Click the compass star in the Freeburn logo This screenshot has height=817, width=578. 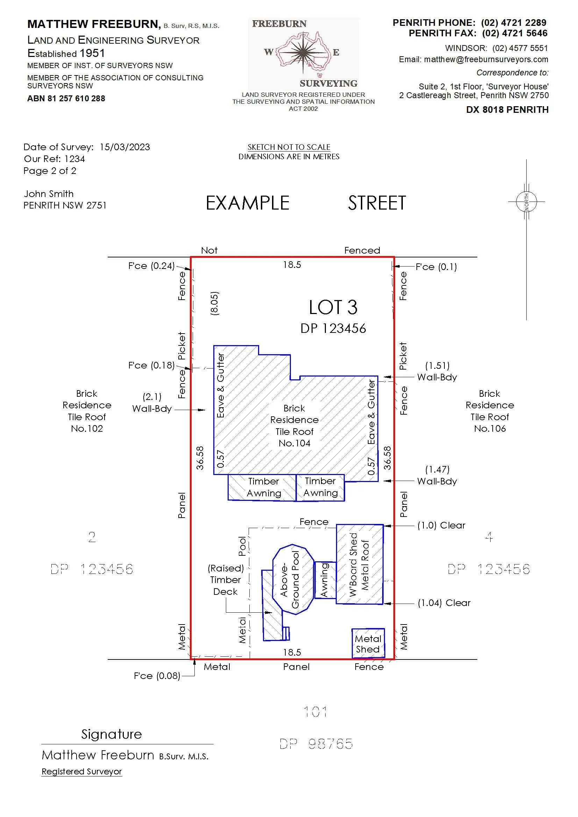click(x=302, y=52)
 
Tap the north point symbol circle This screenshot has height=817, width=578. click(x=526, y=202)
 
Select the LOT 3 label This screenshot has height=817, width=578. click(x=333, y=307)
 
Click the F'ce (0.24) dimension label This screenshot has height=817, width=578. click(x=151, y=266)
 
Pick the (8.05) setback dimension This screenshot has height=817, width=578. click(x=214, y=303)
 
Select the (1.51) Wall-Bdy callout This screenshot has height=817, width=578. click(x=437, y=371)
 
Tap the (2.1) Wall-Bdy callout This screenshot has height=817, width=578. click(x=152, y=402)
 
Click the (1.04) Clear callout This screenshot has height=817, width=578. click(x=444, y=603)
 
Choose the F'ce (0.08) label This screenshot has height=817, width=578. click(x=157, y=676)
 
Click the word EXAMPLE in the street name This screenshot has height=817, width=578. click(x=248, y=203)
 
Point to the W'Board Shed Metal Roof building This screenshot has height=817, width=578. click(x=360, y=564)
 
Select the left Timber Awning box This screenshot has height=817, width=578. click(x=262, y=487)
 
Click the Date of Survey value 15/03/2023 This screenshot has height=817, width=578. click(x=124, y=147)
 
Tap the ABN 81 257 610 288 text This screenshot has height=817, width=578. click(x=66, y=99)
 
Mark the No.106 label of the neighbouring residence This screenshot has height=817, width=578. click(x=490, y=429)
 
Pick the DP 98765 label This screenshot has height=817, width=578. click(x=316, y=744)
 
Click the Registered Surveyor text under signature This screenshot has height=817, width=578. click(x=81, y=772)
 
